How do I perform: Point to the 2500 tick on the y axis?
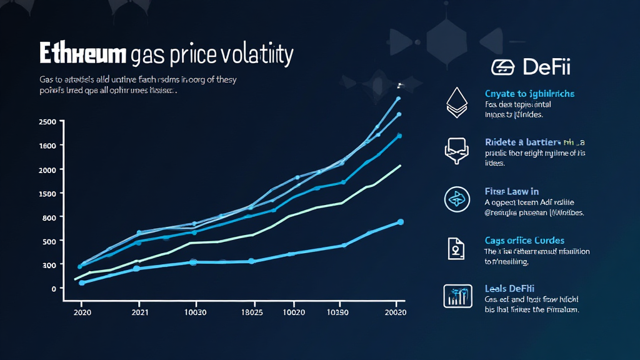click(x=47, y=121)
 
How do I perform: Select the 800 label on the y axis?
click(x=49, y=217)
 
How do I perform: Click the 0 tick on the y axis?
click(x=53, y=289)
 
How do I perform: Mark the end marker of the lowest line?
click(x=401, y=222)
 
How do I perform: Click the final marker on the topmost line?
click(x=399, y=99)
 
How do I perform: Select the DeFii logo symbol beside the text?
click(x=502, y=67)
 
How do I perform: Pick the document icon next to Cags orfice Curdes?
click(x=455, y=248)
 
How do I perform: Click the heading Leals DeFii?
click(x=509, y=288)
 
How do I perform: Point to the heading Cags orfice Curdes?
click(x=524, y=240)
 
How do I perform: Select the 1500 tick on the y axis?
click(x=47, y=193)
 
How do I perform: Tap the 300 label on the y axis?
click(x=49, y=265)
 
